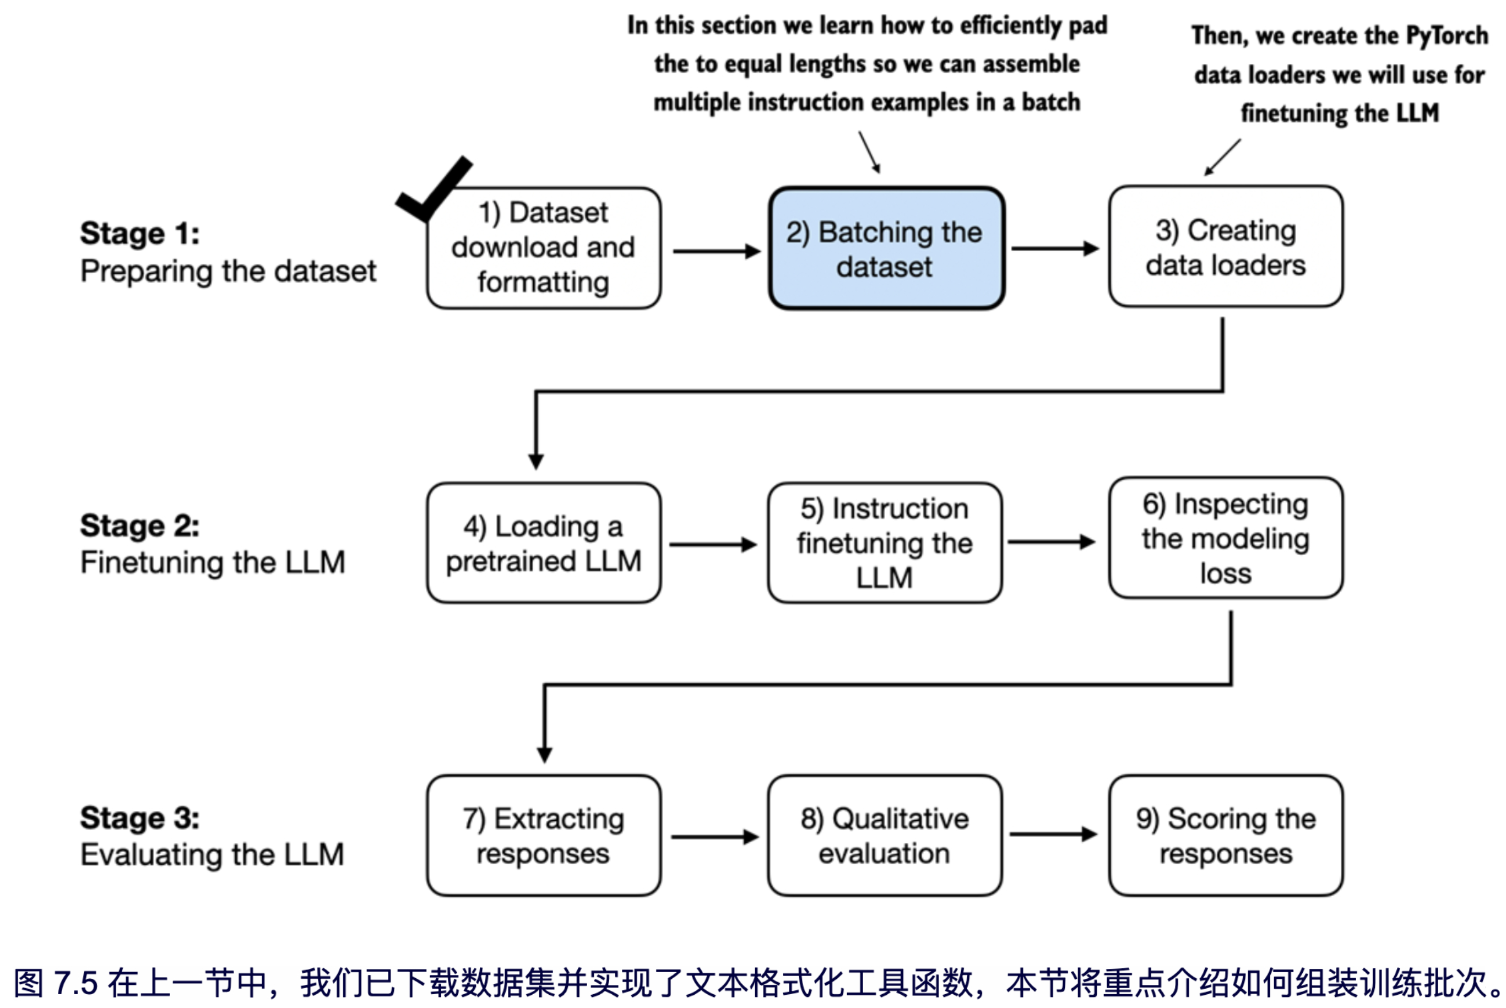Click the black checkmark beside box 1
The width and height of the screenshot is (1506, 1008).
[432, 189]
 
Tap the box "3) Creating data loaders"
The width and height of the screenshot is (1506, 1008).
[1225, 247]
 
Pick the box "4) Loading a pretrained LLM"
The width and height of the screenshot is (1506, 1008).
[543, 543]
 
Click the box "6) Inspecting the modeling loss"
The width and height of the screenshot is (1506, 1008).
[1225, 538]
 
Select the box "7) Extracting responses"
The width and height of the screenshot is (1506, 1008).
[543, 835]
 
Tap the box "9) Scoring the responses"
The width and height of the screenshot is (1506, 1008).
[1225, 835]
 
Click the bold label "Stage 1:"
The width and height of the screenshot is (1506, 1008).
[139, 234]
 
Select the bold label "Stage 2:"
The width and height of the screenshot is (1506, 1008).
[139, 526]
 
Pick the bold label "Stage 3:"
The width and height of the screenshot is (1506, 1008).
[139, 819]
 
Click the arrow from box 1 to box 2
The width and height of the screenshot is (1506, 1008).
[716, 251]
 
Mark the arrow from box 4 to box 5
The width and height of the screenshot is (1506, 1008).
[713, 545]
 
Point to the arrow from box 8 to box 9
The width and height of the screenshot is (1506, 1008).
[1053, 834]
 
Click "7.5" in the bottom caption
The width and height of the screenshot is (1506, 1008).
[76, 983]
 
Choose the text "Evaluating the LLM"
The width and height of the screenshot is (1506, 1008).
[212, 855]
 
